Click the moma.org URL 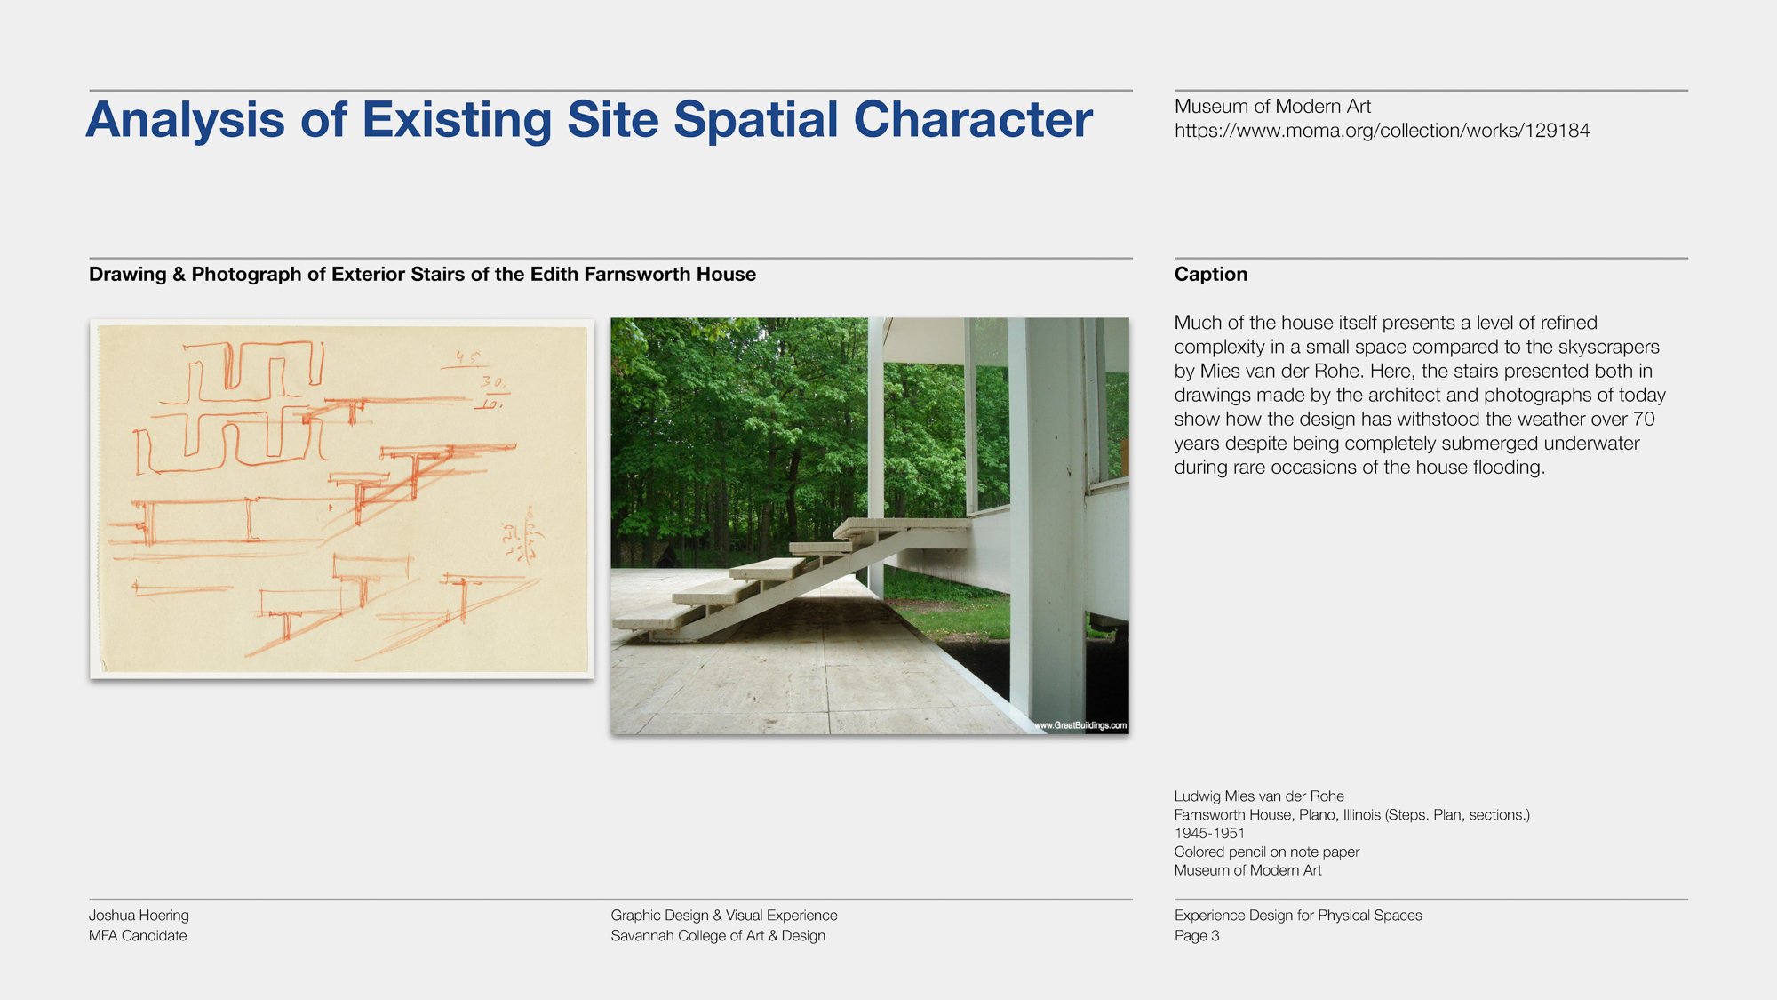[x=1382, y=131]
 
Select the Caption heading [x=1210, y=274]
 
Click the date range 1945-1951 [x=1208, y=833]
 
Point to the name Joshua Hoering [x=139, y=915]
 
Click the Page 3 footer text [x=1196, y=935]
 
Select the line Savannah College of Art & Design [x=718, y=935]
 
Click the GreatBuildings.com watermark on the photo [x=1080, y=725]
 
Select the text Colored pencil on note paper [x=1266, y=852]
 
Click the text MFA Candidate [x=138, y=935]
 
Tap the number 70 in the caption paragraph [x=1643, y=419]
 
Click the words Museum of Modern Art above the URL [x=1272, y=107]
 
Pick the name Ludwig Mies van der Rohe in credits [x=1258, y=796]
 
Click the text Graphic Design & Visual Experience [x=723, y=915]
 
